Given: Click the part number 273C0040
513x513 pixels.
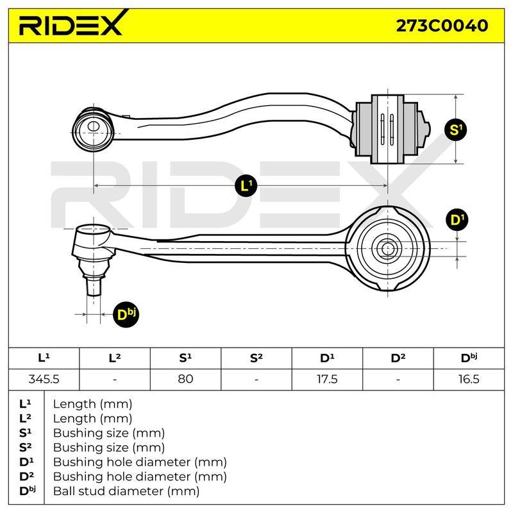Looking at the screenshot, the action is (x=442, y=26).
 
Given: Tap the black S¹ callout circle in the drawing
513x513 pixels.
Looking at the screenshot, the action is (x=456, y=130).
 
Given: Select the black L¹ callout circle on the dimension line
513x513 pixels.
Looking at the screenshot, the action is (x=246, y=186).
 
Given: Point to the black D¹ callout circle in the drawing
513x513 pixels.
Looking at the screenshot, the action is (x=457, y=220).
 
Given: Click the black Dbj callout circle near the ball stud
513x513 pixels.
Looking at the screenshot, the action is (x=126, y=315).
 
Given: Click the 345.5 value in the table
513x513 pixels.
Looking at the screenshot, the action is (x=44, y=379).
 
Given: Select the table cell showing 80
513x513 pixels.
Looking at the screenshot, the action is (x=185, y=379).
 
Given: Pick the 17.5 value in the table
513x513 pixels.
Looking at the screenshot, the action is (x=327, y=379).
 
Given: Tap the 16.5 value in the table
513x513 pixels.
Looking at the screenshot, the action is (x=469, y=379).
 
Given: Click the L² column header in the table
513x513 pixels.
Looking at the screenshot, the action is (x=115, y=358).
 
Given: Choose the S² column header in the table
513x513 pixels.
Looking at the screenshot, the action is (x=256, y=358).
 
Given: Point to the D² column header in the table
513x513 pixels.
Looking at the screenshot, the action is (x=398, y=358).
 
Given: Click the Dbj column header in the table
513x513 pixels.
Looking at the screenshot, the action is (x=469, y=358).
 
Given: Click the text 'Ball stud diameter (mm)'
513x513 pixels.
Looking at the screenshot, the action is (x=126, y=491).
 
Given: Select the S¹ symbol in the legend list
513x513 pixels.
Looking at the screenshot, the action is (x=25, y=433).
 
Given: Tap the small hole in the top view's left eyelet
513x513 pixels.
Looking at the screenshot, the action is (x=94, y=126).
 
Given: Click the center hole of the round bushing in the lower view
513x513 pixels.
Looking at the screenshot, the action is (x=388, y=249).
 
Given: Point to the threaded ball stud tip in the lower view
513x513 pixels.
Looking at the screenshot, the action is (x=94, y=286).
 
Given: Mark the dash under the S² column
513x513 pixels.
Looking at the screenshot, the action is (x=256, y=380).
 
